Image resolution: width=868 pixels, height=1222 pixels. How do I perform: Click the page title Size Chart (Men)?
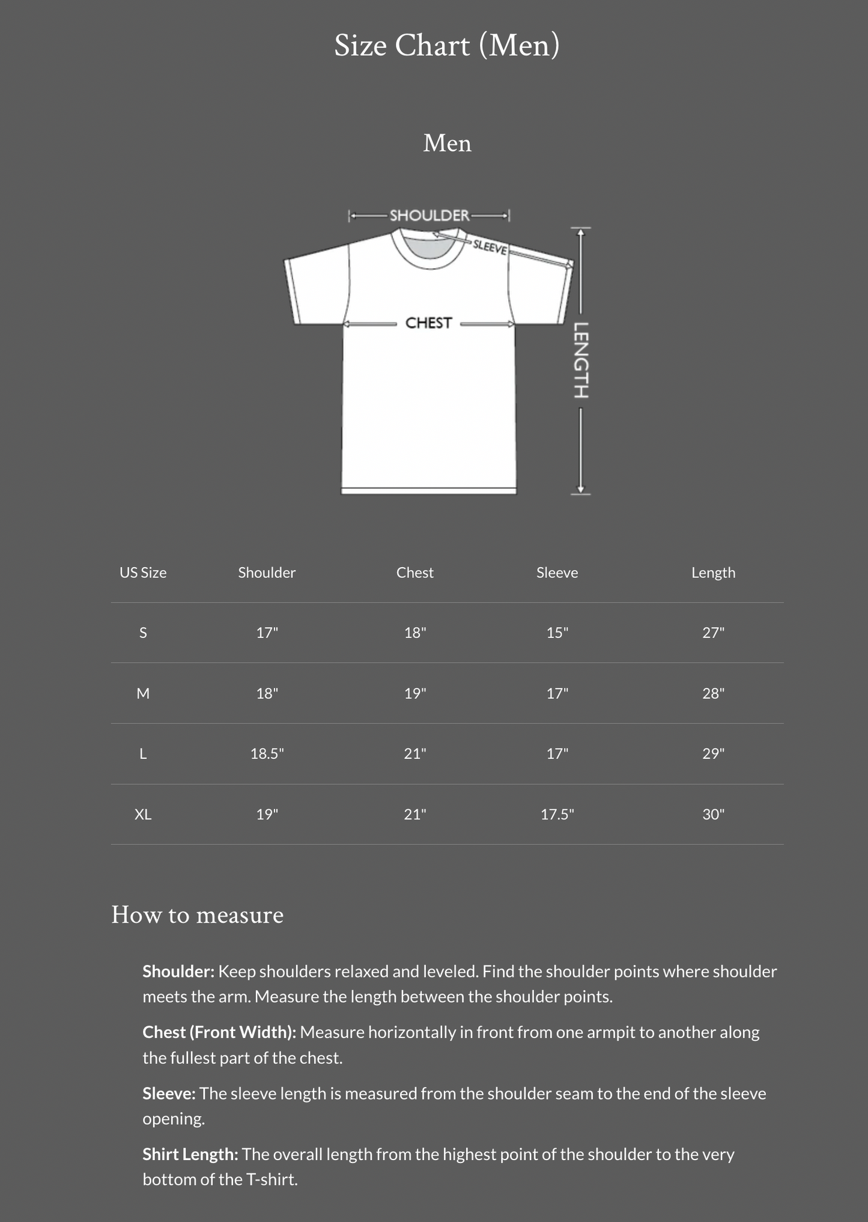coord(446,46)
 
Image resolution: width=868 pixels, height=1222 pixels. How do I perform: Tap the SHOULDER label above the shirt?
coord(429,215)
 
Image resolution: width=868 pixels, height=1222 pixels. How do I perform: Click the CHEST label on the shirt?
coord(428,323)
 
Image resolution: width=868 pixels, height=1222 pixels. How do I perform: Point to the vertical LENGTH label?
coord(581,360)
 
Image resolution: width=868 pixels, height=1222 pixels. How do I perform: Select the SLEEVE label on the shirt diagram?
coord(490,246)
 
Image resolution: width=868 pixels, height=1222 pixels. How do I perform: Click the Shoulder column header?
coord(267,573)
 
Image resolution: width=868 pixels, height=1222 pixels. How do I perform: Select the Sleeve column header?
coord(557,573)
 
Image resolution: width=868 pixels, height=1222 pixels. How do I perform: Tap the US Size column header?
coord(143,573)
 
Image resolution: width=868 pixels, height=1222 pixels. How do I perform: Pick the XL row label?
coord(143,814)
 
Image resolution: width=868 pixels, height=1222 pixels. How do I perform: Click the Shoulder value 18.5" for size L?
coord(267,753)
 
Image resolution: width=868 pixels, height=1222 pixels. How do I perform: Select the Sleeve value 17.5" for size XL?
coord(557,814)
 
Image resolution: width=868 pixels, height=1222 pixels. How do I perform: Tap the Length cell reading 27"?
coord(713,633)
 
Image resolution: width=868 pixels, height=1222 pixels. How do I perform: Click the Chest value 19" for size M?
coord(414,693)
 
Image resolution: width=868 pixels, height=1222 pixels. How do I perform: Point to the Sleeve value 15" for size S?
coord(557,633)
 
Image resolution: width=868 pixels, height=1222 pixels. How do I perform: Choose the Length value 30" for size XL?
coord(713,814)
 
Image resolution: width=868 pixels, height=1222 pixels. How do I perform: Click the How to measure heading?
coord(197,915)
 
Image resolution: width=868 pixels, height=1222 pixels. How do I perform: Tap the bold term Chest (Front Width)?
coord(219,1032)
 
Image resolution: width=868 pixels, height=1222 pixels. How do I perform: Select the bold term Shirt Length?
coord(190,1154)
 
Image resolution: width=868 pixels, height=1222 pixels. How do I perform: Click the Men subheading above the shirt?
coord(447,143)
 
